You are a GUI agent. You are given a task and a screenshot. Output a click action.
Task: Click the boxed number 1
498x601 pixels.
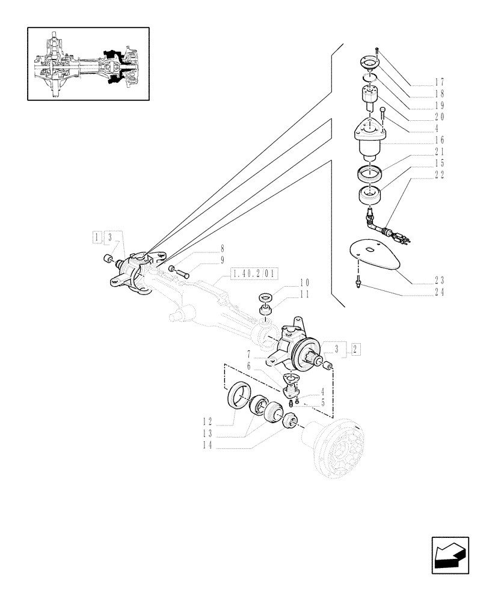[x=97, y=236]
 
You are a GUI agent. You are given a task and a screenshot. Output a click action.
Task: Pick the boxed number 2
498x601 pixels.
[x=356, y=348]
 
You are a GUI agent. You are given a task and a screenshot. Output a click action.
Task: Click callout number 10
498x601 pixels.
[x=304, y=282]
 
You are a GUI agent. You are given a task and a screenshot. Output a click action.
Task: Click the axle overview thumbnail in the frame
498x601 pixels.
[x=88, y=63]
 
